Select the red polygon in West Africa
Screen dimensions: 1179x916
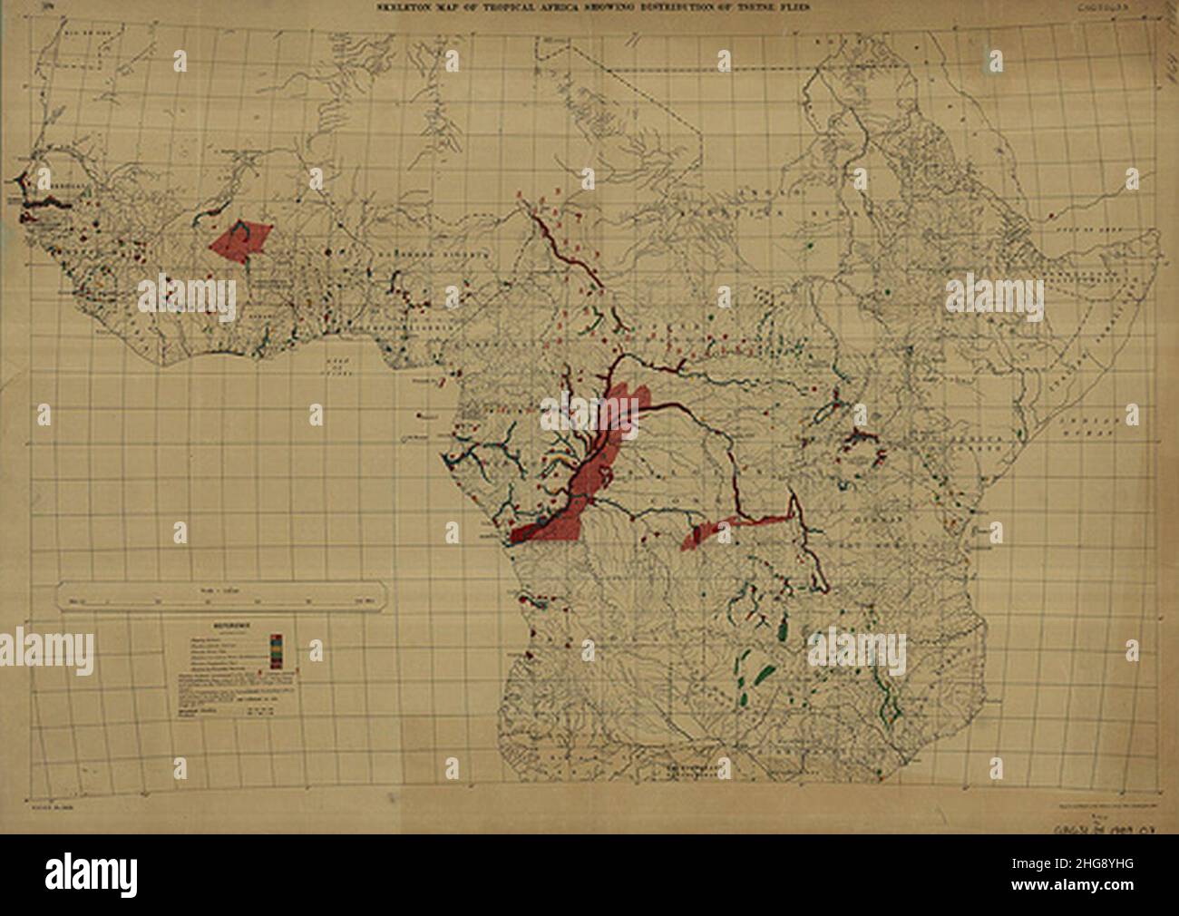(239, 239)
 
